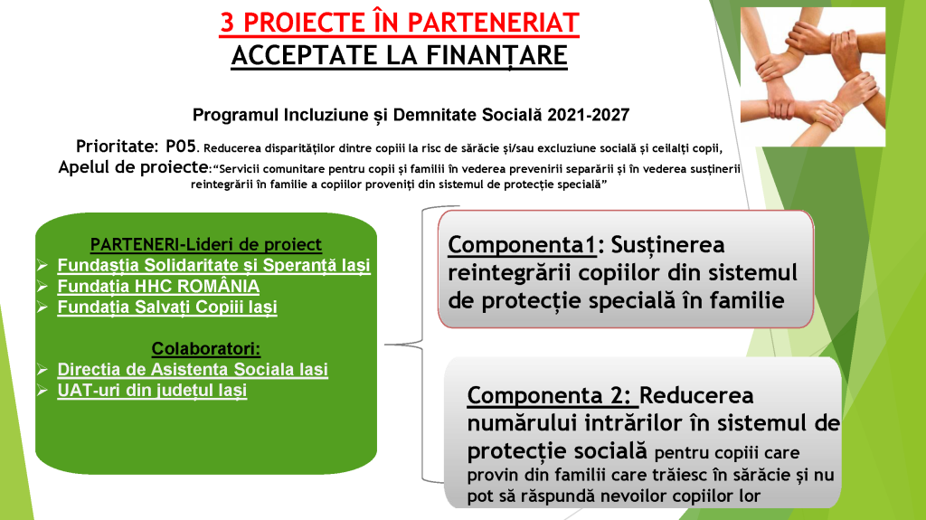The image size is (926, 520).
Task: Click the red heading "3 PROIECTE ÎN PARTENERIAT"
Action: (399, 23)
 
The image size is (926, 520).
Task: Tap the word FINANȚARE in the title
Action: (496, 55)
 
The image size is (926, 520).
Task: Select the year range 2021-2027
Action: (588, 115)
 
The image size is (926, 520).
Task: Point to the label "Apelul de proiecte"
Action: (133, 167)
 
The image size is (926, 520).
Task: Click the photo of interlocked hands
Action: (813, 76)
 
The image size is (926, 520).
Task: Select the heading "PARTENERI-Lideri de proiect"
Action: (205, 244)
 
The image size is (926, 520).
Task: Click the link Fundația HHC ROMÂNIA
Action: (158, 286)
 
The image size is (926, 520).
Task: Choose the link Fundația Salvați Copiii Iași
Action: (167, 307)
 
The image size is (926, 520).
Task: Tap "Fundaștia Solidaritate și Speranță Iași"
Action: (213, 265)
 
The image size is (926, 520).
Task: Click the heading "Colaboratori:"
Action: (206, 349)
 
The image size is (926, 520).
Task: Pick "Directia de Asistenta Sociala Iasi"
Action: (193, 369)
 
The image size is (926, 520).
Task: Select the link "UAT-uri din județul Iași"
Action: (152, 391)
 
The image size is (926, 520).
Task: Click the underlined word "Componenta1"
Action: (522, 245)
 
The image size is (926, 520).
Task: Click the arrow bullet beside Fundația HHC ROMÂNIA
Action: (43, 287)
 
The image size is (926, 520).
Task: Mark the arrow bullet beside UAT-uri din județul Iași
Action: (43, 391)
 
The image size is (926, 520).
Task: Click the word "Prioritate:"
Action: (117, 147)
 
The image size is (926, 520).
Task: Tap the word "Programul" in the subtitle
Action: (236, 115)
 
